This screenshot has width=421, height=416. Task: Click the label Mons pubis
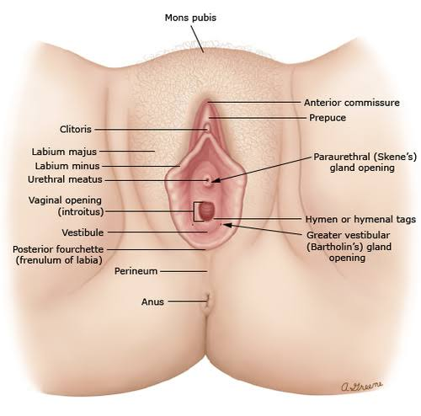click(190, 18)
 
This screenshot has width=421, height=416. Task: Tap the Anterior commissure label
click(352, 103)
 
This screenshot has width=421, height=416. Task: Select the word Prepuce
click(328, 118)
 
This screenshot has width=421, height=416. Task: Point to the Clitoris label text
click(76, 129)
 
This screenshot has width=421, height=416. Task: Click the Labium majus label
click(64, 152)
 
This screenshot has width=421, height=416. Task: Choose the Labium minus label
click(67, 166)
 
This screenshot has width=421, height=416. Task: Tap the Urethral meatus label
click(65, 179)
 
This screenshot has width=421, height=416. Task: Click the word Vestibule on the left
click(83, 232)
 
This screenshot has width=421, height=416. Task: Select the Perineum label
click(136, 271)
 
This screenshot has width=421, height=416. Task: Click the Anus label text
click(152, 301)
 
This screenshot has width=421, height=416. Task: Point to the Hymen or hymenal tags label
click(360, 219)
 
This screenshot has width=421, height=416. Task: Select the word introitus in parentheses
click(81, 211)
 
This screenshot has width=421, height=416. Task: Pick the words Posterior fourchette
click(58, 249)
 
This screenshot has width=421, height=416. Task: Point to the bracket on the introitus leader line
click(195, 211)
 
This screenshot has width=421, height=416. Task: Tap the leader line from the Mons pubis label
click(197, 40)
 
